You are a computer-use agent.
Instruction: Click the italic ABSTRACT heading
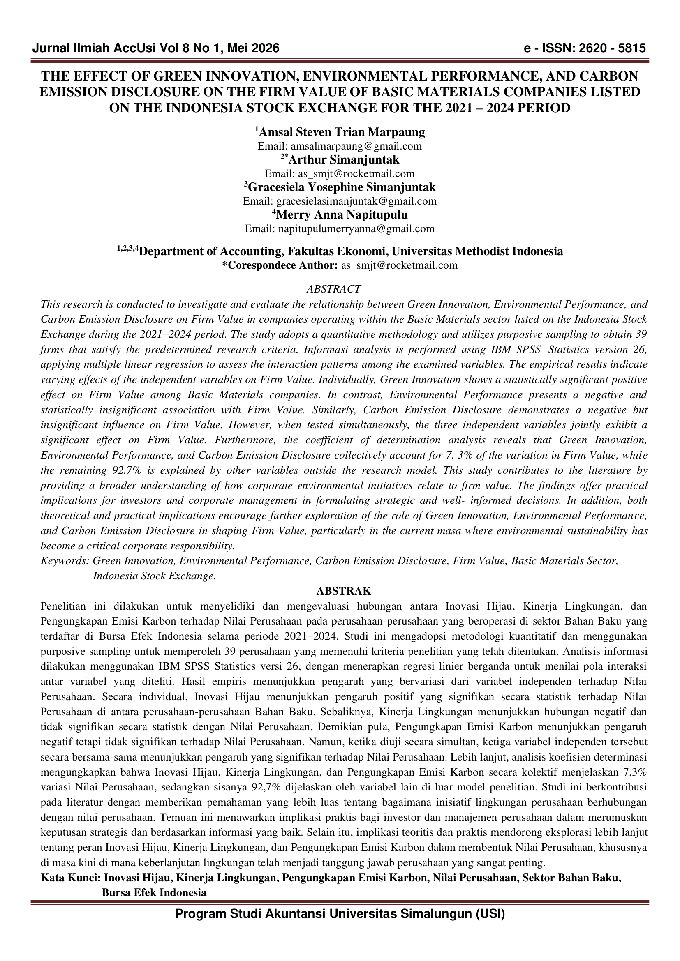coord(333,289)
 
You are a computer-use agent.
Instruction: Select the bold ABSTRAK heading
coord(343,590)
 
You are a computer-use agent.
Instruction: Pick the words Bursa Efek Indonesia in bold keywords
coord(154,892)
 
